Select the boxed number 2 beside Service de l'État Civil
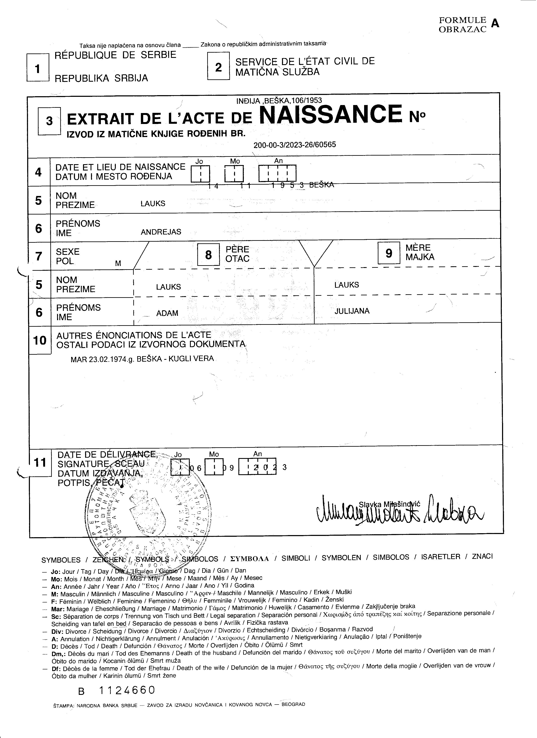218,67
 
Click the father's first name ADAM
167,313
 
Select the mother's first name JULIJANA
352,311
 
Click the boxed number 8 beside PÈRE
208,255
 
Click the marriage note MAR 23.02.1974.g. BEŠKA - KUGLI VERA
142,359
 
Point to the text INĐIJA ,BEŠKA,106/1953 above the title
279,101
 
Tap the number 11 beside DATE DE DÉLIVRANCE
40,463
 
